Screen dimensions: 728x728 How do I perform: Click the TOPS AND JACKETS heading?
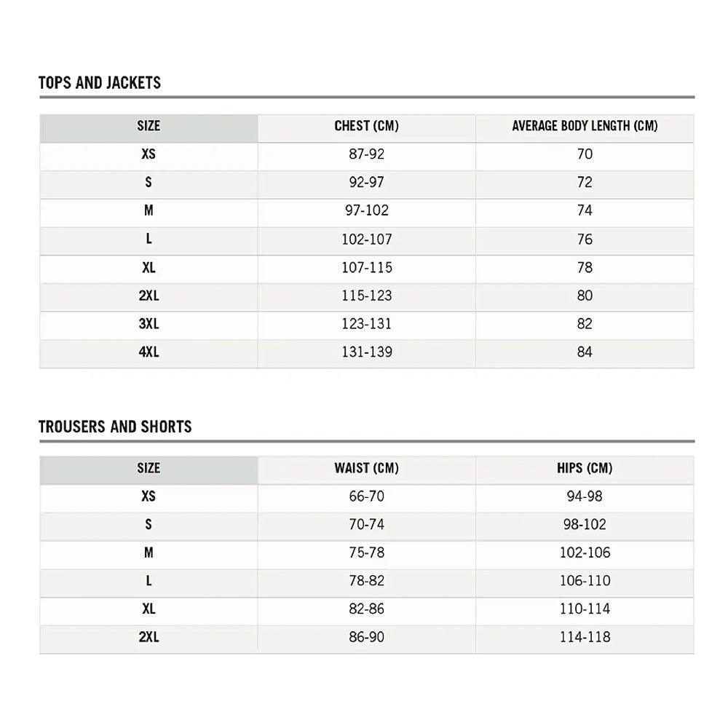coord(100,83)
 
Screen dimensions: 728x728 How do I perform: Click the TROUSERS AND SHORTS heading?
coord(115,427)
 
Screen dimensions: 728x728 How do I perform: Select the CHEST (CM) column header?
coord(366,126)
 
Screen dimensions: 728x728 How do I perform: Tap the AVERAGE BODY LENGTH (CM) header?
coord(585,126)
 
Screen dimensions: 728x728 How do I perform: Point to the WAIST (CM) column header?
coord(366,468)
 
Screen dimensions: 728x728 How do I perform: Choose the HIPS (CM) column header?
coord(585,468)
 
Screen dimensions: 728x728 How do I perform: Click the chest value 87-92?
coord(366,154)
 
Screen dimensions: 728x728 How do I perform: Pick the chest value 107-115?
coord(366,268)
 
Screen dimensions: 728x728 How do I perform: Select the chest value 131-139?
coord(366,352)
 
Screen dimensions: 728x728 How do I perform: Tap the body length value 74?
coord(585,211)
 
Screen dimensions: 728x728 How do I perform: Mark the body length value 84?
coord(585,352)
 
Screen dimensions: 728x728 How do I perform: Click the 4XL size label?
coord(149,352)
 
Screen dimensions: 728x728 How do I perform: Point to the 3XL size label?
coord(149,324)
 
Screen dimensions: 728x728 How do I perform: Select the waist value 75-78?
coord(366,553)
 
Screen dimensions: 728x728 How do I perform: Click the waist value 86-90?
coord(366,638)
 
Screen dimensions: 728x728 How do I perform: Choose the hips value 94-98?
coord(585,496)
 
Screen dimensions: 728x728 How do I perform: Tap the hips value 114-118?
coord(585,638)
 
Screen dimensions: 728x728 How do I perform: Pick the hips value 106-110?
coord(585,581)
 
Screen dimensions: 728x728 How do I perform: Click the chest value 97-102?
coord(366,211)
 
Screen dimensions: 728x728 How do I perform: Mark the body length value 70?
coord(585,154)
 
